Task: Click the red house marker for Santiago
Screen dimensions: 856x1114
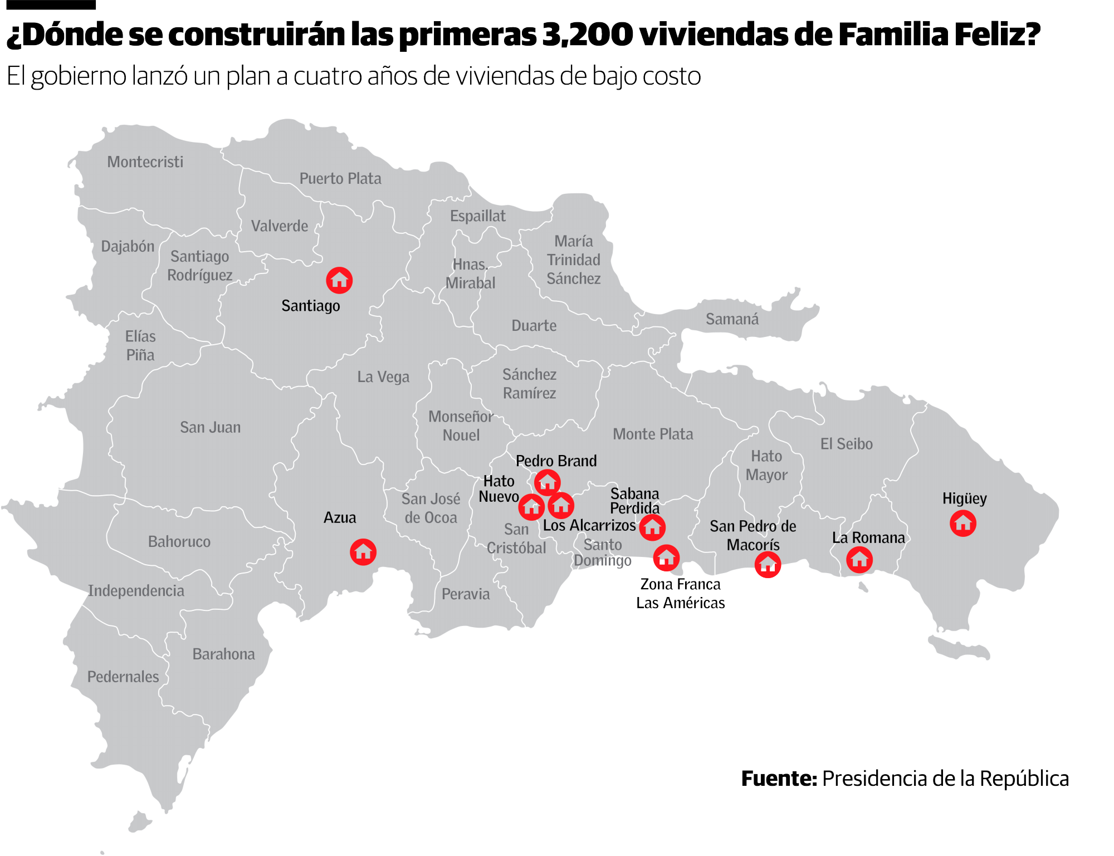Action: [x=339, y=280]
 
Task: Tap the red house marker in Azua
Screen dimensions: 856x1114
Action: [x=363, y=552]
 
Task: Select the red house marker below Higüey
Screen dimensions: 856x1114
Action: [x=963, y=524]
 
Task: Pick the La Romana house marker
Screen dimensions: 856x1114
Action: [x=859, y=560]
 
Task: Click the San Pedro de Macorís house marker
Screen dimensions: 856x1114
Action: [x=768, y=565]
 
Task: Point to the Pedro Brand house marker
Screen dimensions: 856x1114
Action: [x=547, y=482]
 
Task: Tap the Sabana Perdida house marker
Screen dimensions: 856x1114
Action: [x=652, y=527]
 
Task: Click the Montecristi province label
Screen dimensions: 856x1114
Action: [x=145, y=162]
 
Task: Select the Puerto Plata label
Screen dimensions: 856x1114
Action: [x=340, y=179]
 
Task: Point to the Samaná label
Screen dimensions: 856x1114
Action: [x=732, y=319]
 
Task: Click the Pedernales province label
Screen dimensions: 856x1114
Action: [x=123, y=677]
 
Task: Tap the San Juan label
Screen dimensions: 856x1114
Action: [x=210, y=427]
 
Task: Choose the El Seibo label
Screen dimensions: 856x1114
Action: [x=846, y=444]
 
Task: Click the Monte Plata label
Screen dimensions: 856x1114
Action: [x=653, y=434]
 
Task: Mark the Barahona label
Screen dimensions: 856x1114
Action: [x=223, y=654]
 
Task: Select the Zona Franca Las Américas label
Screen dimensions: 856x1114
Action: [x=680, y=593]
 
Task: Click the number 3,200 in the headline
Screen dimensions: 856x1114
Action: [x=587, y=35]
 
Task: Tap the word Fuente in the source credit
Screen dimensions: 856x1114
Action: [x=778, y=779]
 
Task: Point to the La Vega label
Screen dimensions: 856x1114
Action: [x=383, y=377]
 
